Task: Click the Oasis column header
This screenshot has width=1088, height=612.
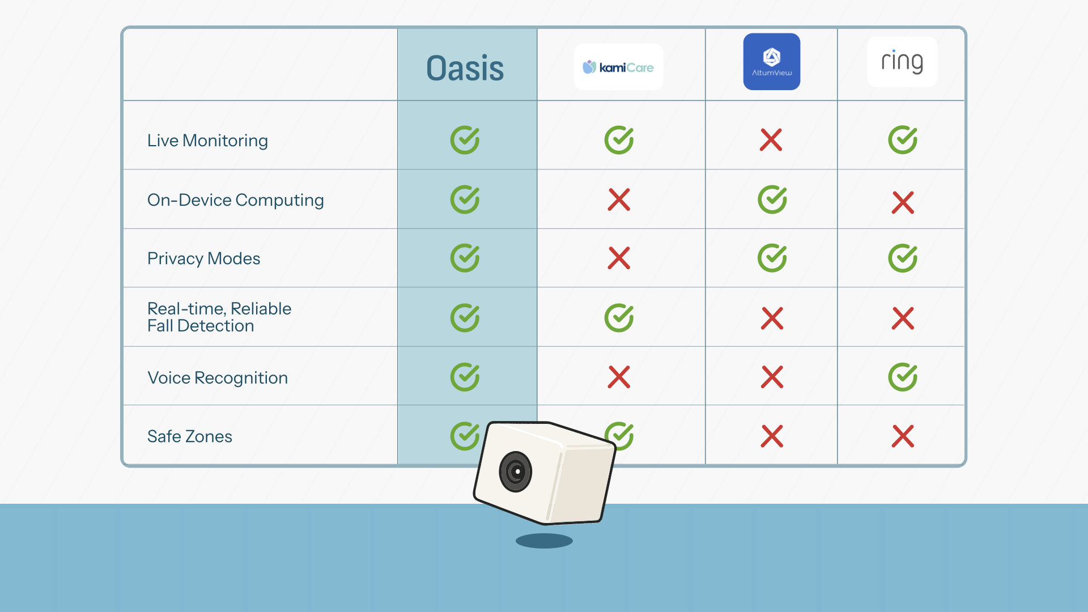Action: (465, 69)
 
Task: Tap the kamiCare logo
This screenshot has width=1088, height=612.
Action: (618, 67)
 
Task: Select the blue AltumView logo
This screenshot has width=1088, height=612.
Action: (771, 61)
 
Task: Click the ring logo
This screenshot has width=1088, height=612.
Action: (902, 62)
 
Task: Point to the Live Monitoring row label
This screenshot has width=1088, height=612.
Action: (207, 141)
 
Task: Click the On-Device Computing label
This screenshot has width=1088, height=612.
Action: (235, 200)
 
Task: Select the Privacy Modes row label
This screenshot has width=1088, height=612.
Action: (203, 258)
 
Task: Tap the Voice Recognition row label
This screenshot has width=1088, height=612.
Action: (218, 378)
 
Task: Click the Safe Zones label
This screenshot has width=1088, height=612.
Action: (190, 436)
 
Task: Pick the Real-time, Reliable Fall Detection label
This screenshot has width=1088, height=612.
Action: (219, 317)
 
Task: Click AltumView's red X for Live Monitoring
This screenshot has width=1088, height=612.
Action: (771, 140)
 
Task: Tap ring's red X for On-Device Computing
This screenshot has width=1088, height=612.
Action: (903, 202)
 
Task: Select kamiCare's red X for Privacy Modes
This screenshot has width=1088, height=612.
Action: (619, 258)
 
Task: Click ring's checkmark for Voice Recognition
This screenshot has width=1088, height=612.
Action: (903, 377)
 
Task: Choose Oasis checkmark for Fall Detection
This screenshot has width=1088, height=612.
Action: (465, 318)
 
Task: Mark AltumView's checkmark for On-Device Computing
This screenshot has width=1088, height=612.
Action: (772, 199)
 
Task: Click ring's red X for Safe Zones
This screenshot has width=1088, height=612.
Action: (903, 436)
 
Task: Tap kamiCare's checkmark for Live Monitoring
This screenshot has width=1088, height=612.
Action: (619, 140)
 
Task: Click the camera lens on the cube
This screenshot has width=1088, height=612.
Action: (516, 471)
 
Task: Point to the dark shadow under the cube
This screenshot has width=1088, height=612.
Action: (544, 541)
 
